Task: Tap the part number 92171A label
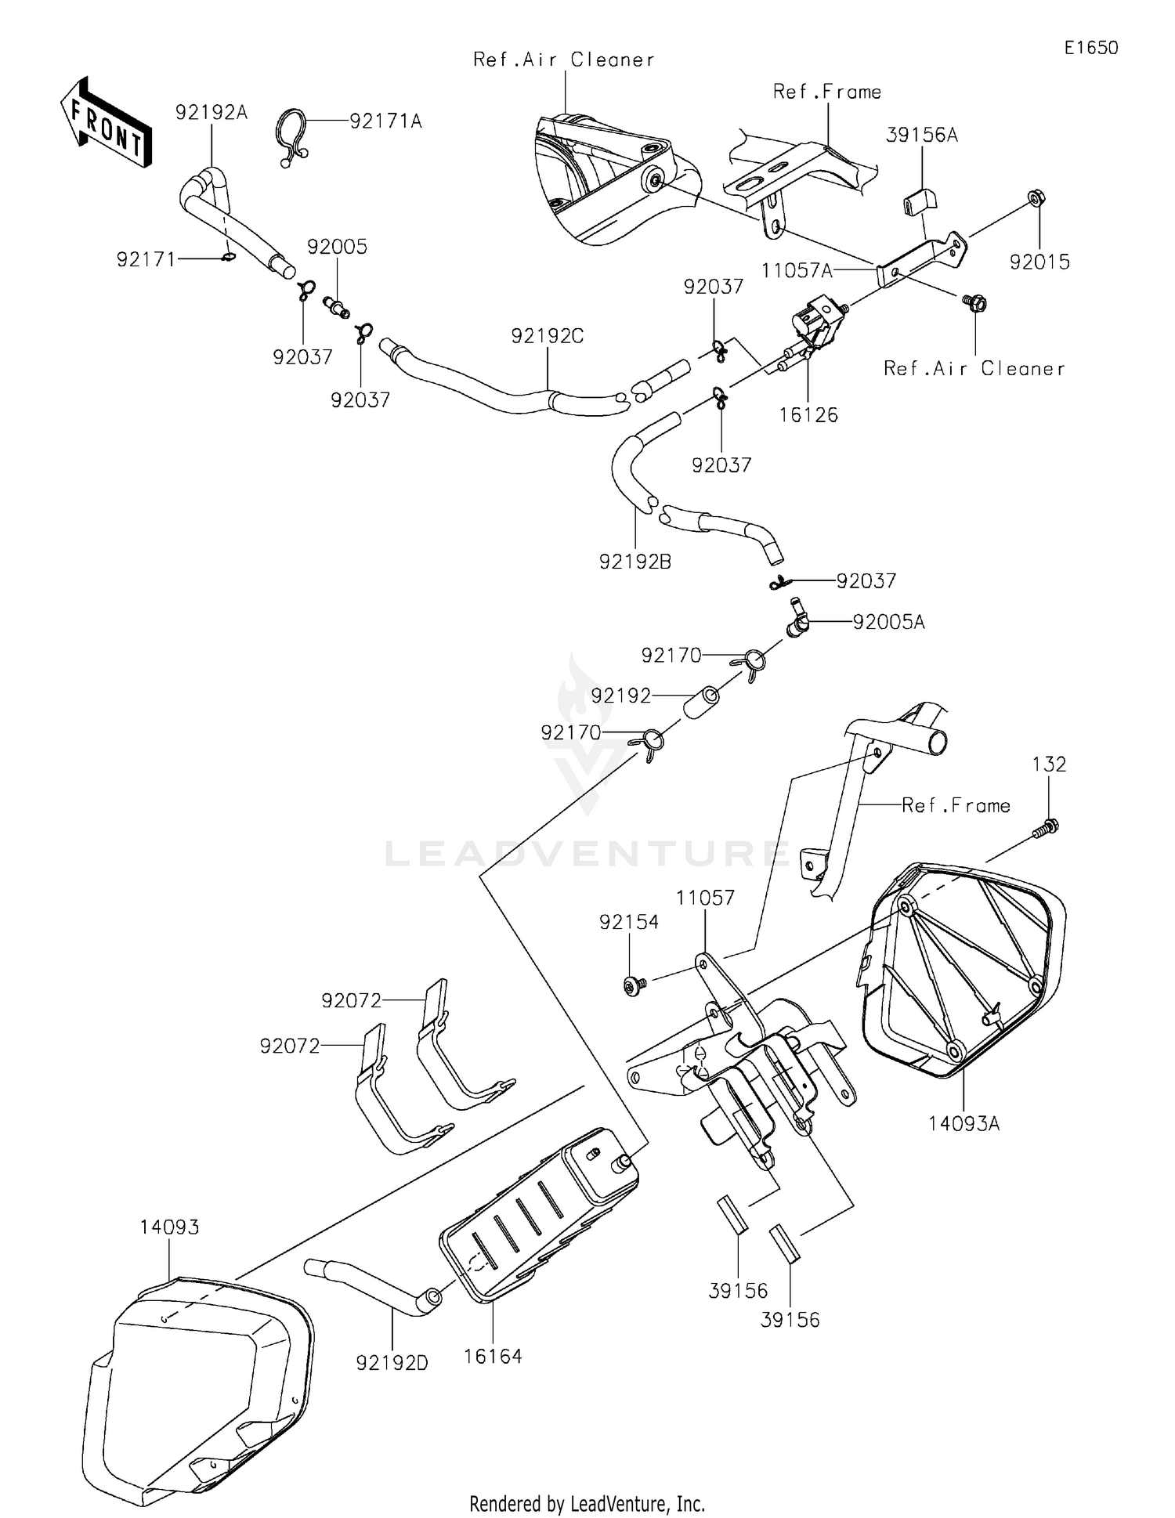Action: [385, 121]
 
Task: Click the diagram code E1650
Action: [1090, 48]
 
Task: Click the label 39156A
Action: [921, 136]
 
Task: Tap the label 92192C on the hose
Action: [547, 336]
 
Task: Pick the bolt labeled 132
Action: [1046, 829]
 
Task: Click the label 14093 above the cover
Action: [169, 1227]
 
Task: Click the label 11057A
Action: [796, 271]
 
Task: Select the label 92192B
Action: [634, 562]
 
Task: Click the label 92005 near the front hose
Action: [337, 247]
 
